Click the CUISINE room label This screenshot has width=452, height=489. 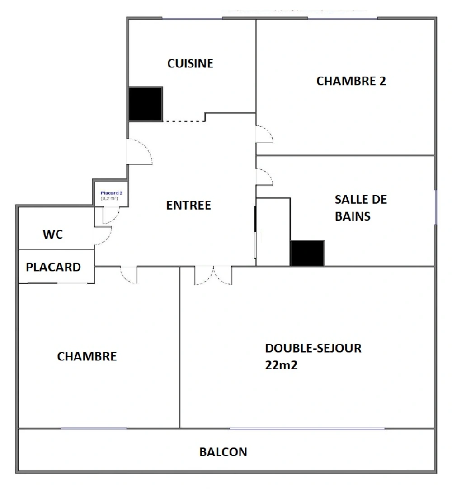tap(190, 63)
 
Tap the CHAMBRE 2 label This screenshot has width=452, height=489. tap(351, 81)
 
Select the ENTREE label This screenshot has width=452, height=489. tap(188, 205)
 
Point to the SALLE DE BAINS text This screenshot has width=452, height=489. tap(361, 208)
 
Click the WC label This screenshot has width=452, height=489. tap(53, 235)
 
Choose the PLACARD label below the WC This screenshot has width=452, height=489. tap(53, 267)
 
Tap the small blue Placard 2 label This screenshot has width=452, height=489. tap(109, 193)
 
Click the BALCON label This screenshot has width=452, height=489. tap(223, 452)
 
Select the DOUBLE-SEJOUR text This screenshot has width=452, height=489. tap(313, 348)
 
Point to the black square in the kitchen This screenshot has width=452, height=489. tap(146, 104)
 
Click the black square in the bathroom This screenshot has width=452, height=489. tap(307, 253)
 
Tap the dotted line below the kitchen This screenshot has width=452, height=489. tap(183, 121)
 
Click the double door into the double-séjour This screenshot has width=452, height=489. tap(213, 275)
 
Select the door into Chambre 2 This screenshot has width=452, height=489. tap(264, 134)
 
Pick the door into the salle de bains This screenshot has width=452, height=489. tap(264, 177)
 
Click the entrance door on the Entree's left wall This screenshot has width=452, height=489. tap(139, 152)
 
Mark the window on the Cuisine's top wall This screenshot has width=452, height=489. tap(193, 19)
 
